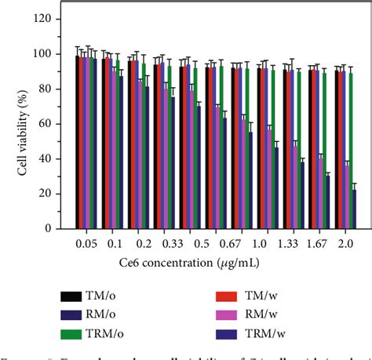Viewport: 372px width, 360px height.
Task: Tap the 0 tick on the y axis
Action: [x=55, y=228]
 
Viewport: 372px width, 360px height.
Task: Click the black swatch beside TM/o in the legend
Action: [x=72, y=297]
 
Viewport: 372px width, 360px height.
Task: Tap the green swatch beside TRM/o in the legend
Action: [x=72, y=333]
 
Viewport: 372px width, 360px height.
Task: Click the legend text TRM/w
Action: [x=272, y=333]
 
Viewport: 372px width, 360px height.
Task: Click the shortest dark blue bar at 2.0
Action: [x=354, y=209]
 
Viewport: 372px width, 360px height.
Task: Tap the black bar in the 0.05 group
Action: [x=77, y=142]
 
